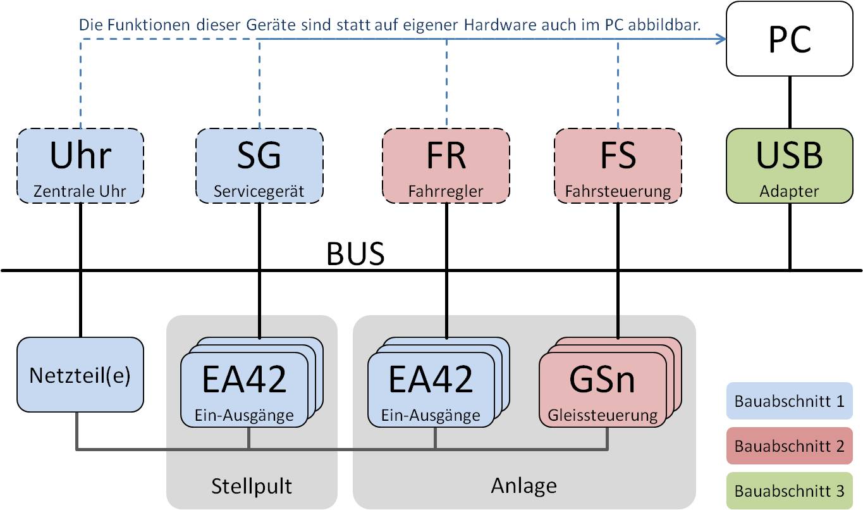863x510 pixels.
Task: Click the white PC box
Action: (790, 39)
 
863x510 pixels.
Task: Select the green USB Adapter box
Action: (790, 166)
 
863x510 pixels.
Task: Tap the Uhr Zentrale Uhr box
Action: (80, 166)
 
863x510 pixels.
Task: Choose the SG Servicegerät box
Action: (259, 166)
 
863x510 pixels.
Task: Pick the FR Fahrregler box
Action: (446, 166)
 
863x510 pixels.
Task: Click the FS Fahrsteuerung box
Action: (618, 166)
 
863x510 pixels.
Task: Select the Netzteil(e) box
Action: (80, 375)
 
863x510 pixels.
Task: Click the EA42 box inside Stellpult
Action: (245, 388)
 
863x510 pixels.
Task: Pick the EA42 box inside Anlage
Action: (431, 388)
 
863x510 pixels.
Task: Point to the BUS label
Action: (355, 254)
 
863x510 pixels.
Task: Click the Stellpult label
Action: (252, 486)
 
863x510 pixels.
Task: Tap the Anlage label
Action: (523, 485)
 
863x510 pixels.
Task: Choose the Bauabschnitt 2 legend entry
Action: (790, 445)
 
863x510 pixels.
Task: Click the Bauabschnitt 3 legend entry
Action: (790, 490)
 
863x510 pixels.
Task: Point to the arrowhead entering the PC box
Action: (721, 39)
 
